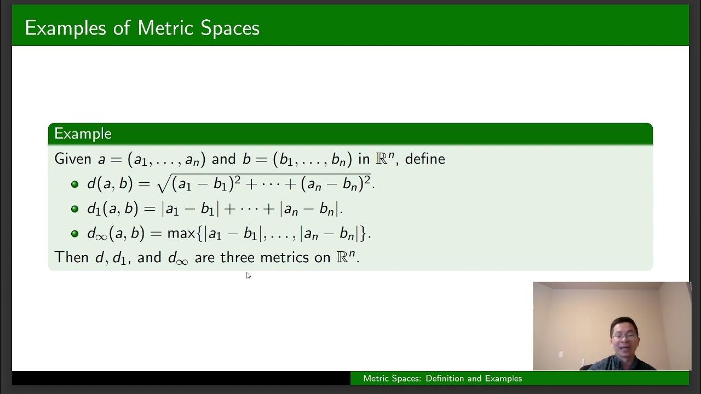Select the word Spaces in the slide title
(229, 28)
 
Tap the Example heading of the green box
(83, 134)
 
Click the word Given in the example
(73, 159)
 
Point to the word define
(424, 159)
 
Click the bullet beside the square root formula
(75, 184)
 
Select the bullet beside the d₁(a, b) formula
(75, 208)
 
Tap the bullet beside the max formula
(75, 234)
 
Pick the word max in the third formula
(181, 234)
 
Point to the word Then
(72, 257)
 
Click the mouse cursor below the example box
(248, 275)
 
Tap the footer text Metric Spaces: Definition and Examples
(443, 379)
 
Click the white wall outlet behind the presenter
(561, 355)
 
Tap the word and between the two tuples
(223, 159)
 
